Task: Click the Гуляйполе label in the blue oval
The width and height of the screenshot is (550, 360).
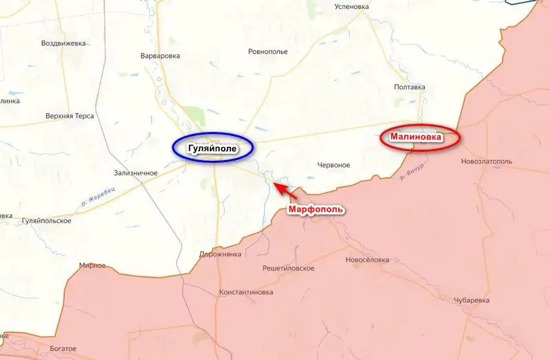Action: (212, 148)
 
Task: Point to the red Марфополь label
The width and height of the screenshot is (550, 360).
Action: (315, 209)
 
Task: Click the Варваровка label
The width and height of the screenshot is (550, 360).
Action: (159, 56)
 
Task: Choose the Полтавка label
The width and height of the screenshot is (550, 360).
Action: (410, 87)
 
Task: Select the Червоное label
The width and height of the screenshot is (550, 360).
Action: (334, 165)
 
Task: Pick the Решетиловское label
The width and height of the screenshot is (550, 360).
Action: (289, 268)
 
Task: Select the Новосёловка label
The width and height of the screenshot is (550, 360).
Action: (367, 260)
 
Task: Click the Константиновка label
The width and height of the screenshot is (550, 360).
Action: (245, 293)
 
